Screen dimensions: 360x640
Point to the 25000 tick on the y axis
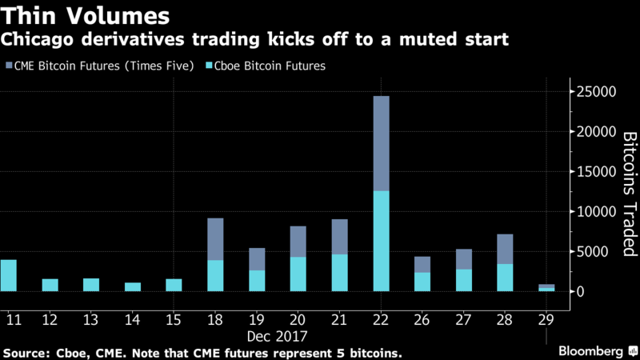pyautogui.click(x=595, y=92)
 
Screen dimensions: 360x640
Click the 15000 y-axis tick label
pyautogui.click(x=595, y=172)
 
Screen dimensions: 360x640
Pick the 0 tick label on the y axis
pyautogui.click(x=583, y=291)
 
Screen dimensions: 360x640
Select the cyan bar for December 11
pyautogui.click(x=8, y=275)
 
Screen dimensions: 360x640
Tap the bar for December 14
pyautogui.click(x=133, y=286)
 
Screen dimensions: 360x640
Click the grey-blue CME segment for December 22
pyautogui.click(x=381, y=143)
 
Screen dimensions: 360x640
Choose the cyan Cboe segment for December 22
pyautogui.click(x=381, y=241)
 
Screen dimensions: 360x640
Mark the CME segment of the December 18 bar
pyautogui.click(x=215, y=239)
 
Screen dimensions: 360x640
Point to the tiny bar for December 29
pyautogui.click(x=546, y=288)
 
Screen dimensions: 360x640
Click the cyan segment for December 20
pyautogui.click(x=298, y=274)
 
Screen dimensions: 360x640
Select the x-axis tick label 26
pyautogui.click(x=422, y=319)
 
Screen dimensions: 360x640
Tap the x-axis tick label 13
pyautogui.click(x=91, y=319)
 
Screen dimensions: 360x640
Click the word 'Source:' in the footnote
pyautogui.click(x=26, y=352)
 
